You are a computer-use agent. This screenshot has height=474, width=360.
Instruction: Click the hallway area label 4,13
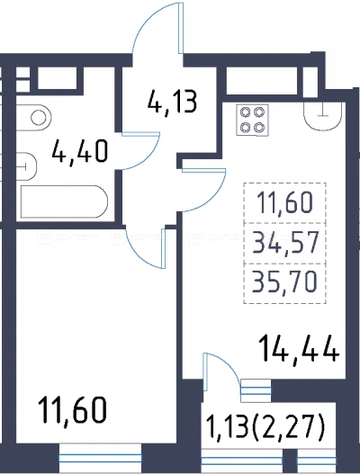coord(173,102)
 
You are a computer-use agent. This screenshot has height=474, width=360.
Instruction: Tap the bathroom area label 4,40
coord(79,151)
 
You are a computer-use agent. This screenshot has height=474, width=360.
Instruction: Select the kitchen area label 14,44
coord(299,348)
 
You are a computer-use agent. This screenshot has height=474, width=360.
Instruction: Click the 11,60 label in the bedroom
coord(73,409)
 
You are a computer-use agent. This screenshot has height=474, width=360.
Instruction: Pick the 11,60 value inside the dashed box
coord(284,202)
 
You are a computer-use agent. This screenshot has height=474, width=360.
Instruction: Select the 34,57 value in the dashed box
coord(286,242)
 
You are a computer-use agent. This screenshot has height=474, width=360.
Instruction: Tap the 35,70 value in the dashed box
coord(284,282)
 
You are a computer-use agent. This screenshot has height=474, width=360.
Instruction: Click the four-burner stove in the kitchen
coord(252,120)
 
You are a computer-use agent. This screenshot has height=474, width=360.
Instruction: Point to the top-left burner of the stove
coord(245,112)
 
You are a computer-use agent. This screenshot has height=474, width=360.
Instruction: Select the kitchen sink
coord(325,116)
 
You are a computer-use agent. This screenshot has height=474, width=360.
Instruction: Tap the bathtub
coord(64,201)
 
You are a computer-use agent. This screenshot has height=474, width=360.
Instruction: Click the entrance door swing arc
coord(145,18)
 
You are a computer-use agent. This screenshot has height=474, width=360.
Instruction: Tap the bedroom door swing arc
coord(137,254)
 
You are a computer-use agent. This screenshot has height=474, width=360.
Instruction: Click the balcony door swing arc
coord(229,362)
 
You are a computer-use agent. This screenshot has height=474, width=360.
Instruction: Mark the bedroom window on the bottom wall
coord(100,458)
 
